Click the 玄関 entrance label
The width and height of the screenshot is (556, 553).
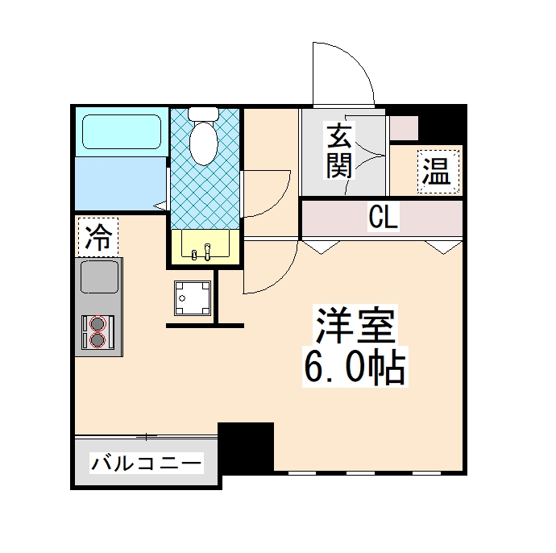tap(339, 151)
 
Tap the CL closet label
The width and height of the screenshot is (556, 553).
tap(383, 217)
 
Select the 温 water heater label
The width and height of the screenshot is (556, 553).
tap(436, 171)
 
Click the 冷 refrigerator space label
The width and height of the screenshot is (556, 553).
tap(98, 236)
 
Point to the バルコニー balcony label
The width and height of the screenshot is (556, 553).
tap(146, 464)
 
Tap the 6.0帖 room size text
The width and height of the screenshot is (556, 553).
tap(354, 368)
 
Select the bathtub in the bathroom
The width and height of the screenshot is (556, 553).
tap(120, 131)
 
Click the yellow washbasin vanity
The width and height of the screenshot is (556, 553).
tap(203, 245)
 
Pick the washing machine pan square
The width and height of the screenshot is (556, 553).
tap(193, 298)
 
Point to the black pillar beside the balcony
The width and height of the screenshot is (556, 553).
tap(247, 448)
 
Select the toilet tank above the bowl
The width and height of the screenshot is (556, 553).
tap(203, 114)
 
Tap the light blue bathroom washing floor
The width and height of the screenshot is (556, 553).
tap(120, 181)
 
